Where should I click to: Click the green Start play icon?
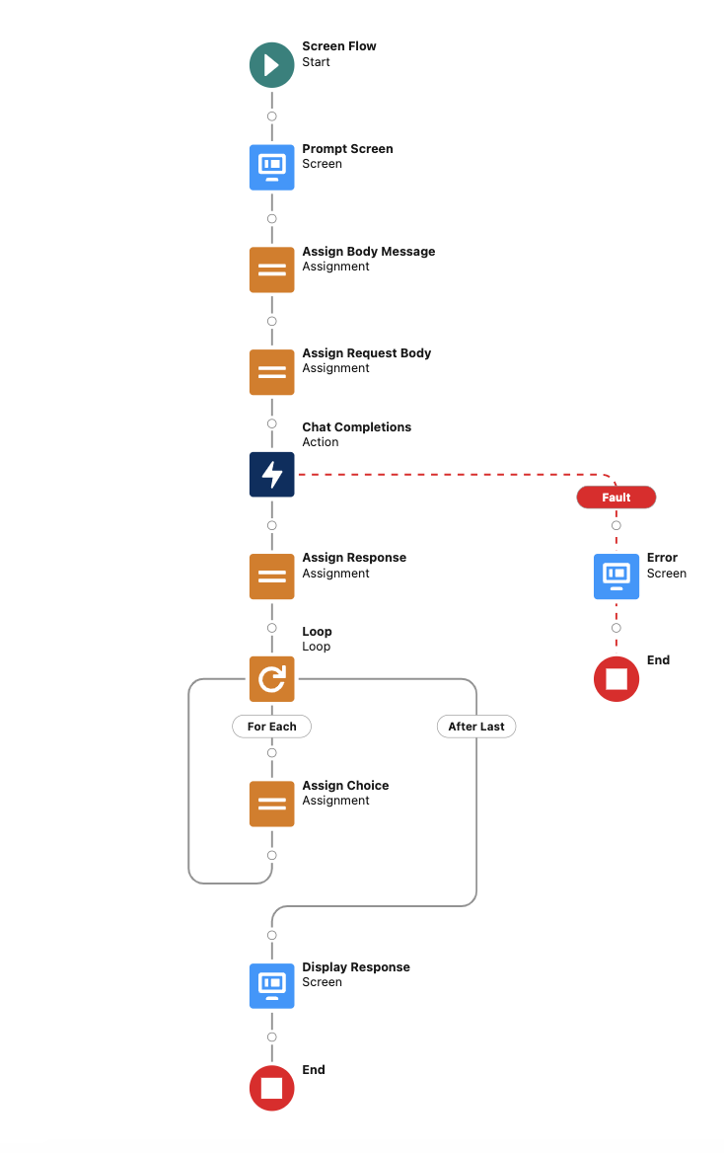tap(271, 65)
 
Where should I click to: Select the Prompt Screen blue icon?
tap(271, 167)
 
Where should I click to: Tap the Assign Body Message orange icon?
tap(271, 269)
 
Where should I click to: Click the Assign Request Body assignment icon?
tap(271, 372)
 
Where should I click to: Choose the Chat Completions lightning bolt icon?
tap(271, 475)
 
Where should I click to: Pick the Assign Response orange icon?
tap(271, 576)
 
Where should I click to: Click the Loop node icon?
tap(271, 679)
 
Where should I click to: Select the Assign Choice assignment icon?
tap(271, 804)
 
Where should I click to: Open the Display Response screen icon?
tap(271, 985)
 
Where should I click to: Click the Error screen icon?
tap(616, 576)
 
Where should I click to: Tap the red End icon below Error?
tap(616, 679)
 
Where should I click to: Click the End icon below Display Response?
tap(271, 1088)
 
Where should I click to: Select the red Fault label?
tap(616, 498)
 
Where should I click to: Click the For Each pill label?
tap(271, 727)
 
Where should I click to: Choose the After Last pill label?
tap(476, 727)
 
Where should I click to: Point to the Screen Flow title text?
tap(339, 46)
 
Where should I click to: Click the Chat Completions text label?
tap(356, 427)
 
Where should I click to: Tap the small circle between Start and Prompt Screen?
tap(271, 116)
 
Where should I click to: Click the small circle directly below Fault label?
tap(616, 525)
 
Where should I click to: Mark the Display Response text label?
tap(356, 967)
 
